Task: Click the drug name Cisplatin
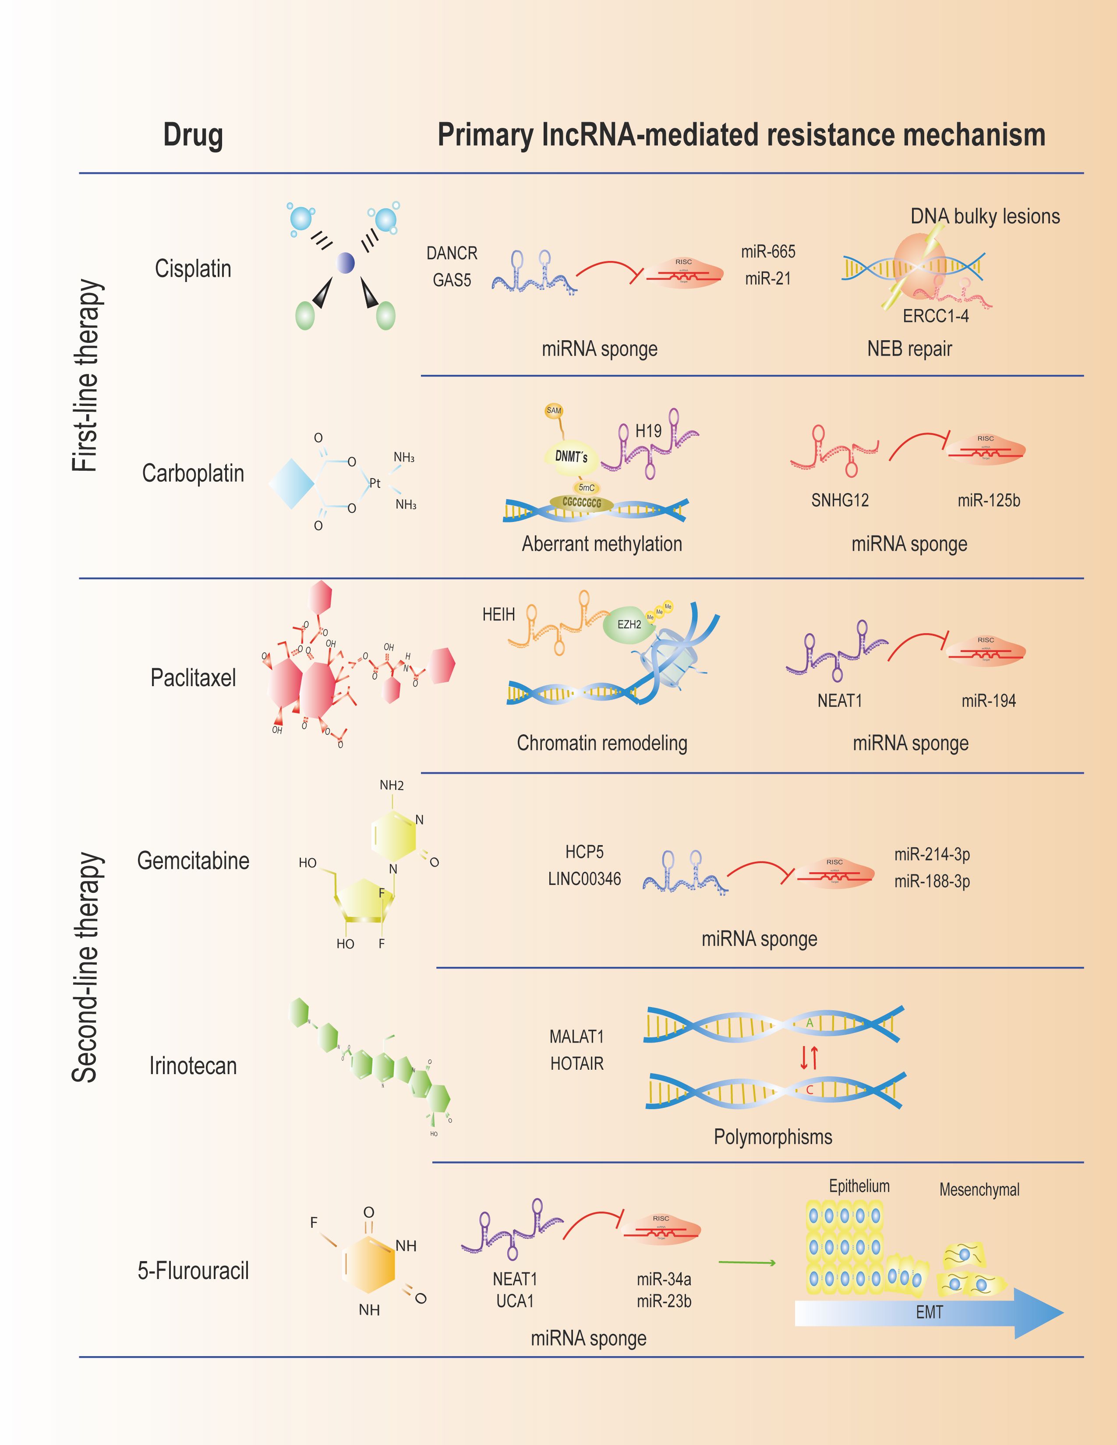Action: [x=193, y=268]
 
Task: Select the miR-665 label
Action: [x=767, y=251]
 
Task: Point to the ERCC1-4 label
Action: [x=935, y=316]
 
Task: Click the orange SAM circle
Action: [x=553, y=411]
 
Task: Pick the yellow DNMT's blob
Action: [x=570, y=457]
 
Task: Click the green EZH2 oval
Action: [x=629, y=624]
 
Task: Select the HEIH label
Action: [x=498, y=615]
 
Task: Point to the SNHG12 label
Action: [x=840, y=500]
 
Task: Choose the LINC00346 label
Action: [x=584, y=879]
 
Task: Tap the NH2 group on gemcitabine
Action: [x=391, y=786]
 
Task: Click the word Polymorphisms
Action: [x=772, y=1137]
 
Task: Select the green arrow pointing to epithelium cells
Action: [x=746, y=1263]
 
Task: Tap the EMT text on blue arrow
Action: [x=929, y=1312]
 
